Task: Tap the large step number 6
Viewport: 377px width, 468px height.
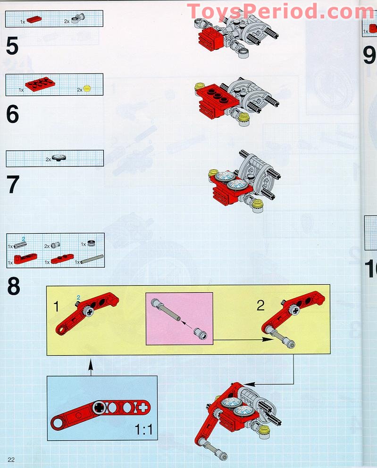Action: click(13, 115)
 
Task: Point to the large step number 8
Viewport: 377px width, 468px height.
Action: click(13, 286)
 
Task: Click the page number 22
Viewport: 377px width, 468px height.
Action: click(11, 460)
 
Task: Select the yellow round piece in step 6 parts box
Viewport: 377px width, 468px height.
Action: click(86, 88)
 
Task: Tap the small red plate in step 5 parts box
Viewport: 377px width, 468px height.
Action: click(34, 20)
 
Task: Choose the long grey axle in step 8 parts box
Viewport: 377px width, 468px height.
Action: click(92, 259)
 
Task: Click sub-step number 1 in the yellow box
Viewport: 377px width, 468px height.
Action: click(57, 307)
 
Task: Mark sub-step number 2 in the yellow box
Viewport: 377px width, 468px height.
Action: click(260, 306)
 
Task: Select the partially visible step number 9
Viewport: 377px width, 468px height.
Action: click(369, 56)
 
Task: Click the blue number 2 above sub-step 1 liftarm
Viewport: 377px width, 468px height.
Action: click(79, 297)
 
